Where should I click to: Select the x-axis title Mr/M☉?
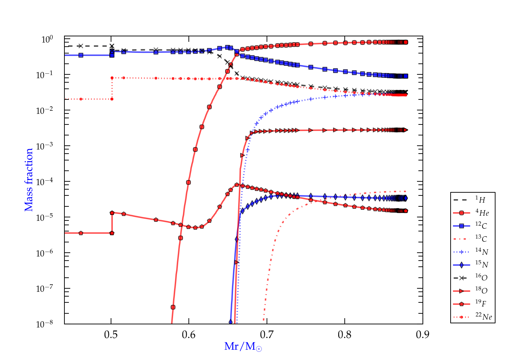click(243, 347)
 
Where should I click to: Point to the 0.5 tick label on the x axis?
click(111, 335)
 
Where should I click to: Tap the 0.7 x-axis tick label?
click(267, 335)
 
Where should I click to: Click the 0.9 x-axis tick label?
click(423, 335)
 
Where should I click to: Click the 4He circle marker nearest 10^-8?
click(173, 307)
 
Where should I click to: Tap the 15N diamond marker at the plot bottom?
click(231, 322)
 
